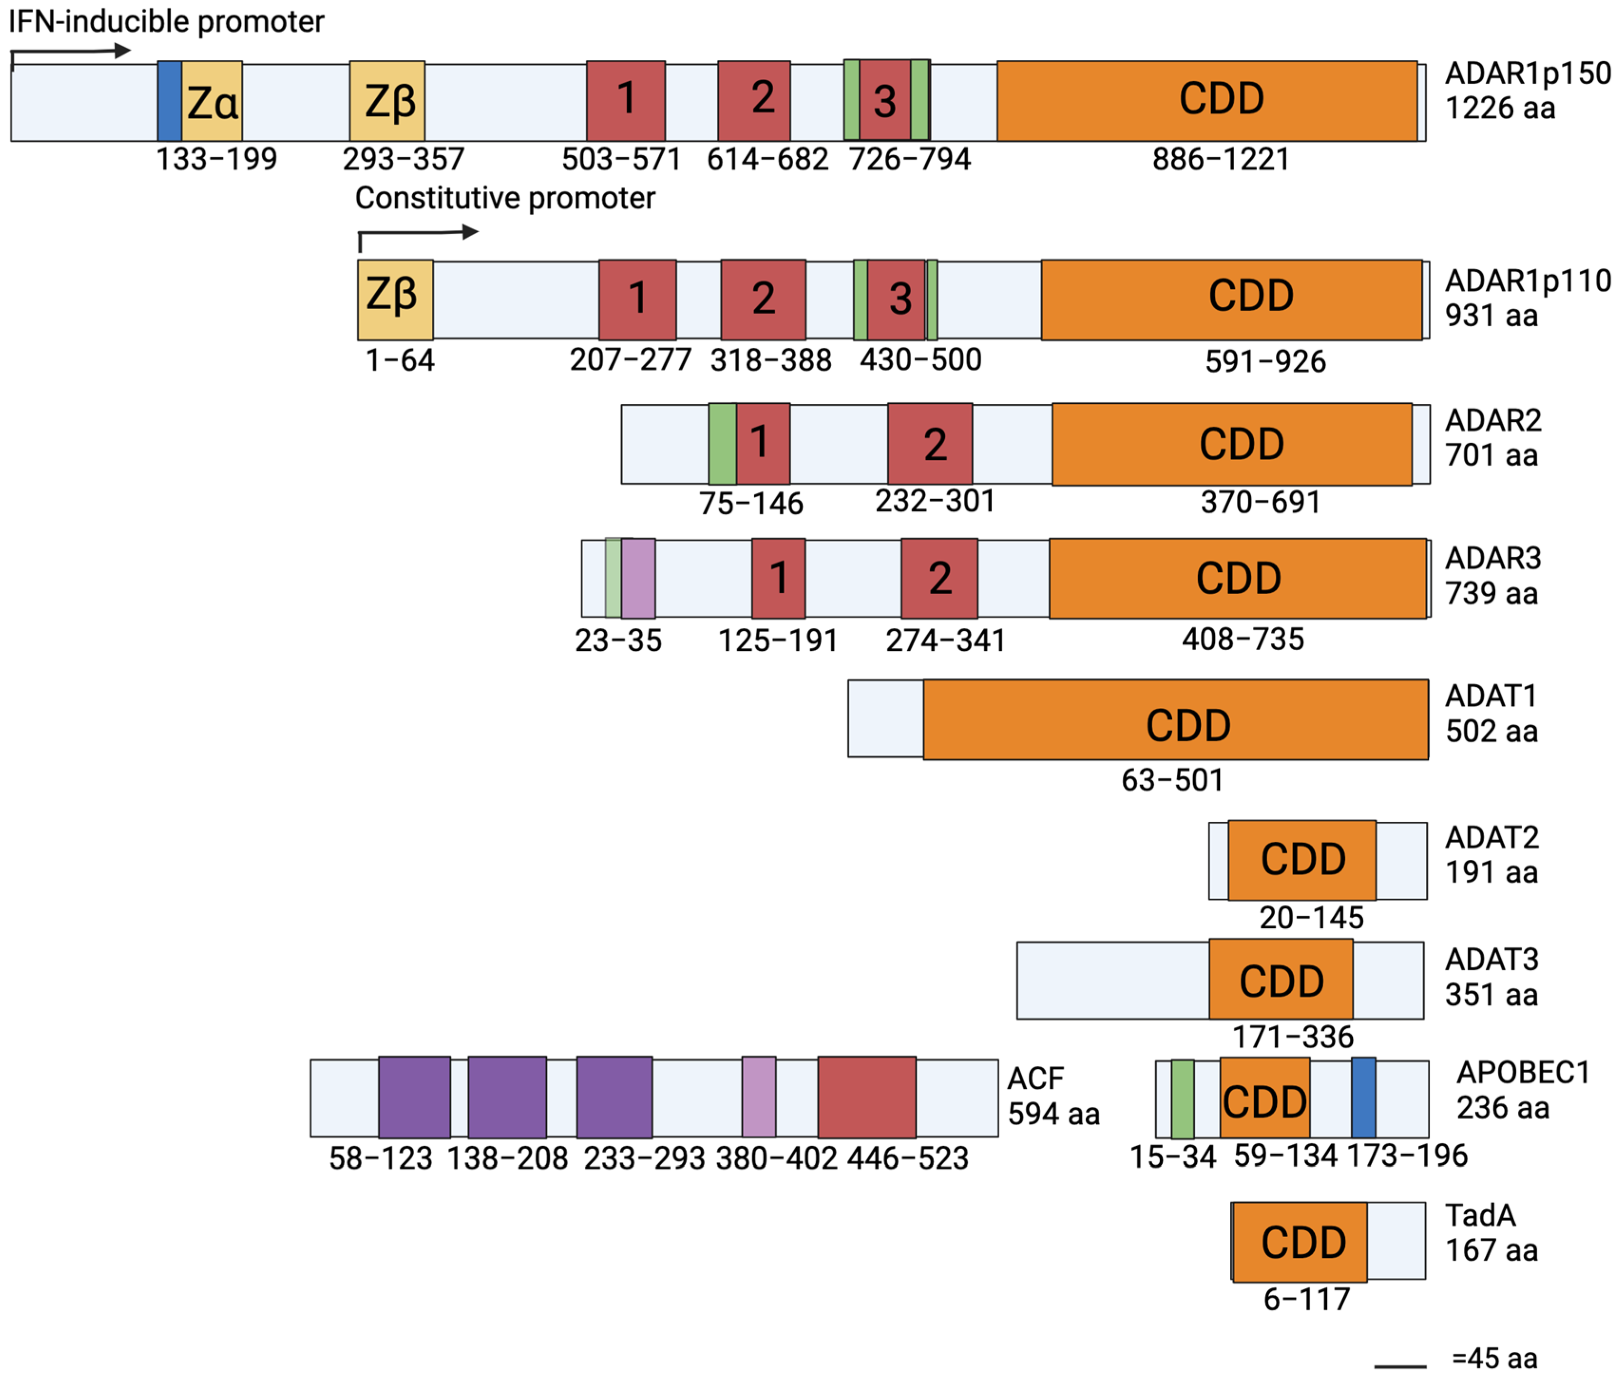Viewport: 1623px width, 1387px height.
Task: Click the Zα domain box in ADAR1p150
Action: [211, 101]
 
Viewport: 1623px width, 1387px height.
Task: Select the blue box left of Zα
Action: [169, 101]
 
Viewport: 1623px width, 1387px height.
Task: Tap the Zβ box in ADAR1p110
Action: [395, 299]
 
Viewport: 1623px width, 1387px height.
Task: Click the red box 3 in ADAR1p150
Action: [884, 100]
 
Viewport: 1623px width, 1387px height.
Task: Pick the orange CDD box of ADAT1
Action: [1175, 719]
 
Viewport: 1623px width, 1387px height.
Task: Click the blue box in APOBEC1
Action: [1363, 1097]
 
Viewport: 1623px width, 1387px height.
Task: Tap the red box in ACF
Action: [866, 1096]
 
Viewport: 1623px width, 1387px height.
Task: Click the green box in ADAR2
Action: [721, 444]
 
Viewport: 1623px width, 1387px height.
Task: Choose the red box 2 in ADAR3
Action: [939, 578]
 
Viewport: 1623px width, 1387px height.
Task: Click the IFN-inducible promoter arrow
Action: [70, 52]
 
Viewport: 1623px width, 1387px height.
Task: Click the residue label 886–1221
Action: [1220, 160]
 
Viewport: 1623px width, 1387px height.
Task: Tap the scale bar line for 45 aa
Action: [1400, 1367]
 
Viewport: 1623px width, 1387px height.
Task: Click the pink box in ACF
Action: [758, 1096]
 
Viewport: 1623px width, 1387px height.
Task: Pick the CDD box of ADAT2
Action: [1302, 860]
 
